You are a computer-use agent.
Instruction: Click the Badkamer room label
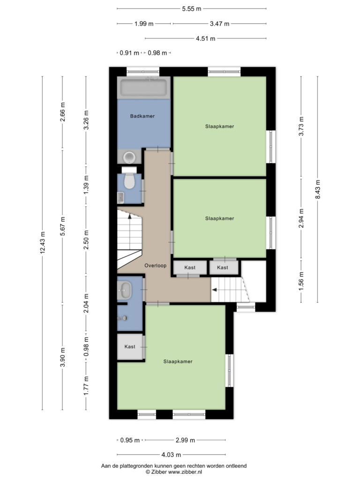pyautogui.click(x=142, y=116)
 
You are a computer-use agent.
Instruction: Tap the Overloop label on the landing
pyautogui.click(x=156, y=265)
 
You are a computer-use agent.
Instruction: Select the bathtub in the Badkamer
pyautogui.click(x=144, y=87)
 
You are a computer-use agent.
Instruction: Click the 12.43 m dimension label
pyautogui.click(x=43, y=242)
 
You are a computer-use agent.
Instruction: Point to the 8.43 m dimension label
pyautogui.click(x=318, y=189)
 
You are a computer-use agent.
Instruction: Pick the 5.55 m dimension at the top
pyautogui.click(x=192, y=9)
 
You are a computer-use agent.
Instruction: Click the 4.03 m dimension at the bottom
pyautogui.click(x=171, y=455)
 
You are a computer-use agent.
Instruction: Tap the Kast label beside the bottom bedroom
pyautogui.click(x=130, y=346)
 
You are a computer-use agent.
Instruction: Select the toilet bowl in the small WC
pyautogui.click(x=129, y=181)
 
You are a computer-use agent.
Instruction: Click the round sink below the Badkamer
pyautogui.click(x=129, y=157)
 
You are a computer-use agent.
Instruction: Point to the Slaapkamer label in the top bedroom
pyautogui.click(x=219, y=126)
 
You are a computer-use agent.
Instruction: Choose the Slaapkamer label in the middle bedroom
pyautogui.click(x=219, y=218)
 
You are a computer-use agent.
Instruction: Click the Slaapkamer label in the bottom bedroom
pyautogui.click(x=178, y=361)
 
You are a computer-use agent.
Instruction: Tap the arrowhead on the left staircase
pyautogui.click(x=129, y=216)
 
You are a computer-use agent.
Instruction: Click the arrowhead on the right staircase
pyautogui.click(x=214, y=290)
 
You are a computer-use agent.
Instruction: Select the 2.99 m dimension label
pyautogui.click(x=185, y=440)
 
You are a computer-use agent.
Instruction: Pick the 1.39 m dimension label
pyautogui.click(x=86, y=184)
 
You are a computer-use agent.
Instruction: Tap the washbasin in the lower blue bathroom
pyautogui.click(x=125, y=290)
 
